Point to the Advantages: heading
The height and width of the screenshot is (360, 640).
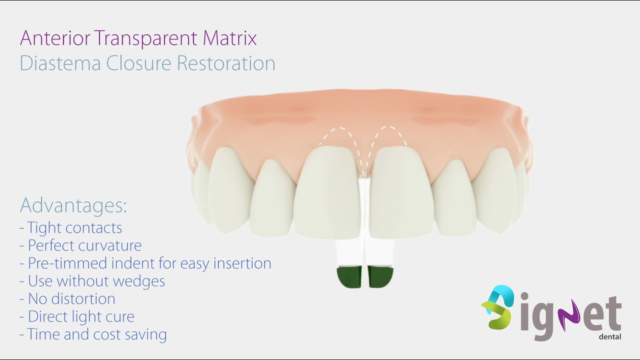click(x=73, y=205)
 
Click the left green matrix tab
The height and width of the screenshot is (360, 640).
click(x=349, y=277)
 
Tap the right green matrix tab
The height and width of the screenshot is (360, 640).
click(x=380, y=277)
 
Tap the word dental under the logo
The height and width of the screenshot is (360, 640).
click(x=609, y=337)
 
